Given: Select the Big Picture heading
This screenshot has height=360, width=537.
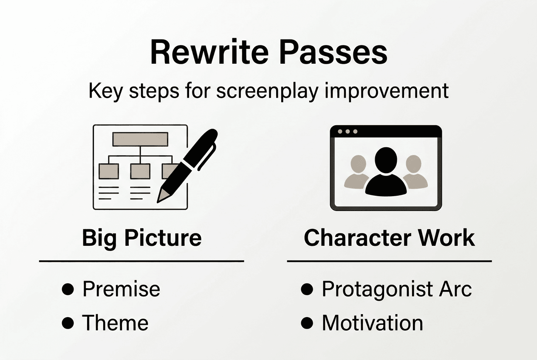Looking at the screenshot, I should coord(141,238).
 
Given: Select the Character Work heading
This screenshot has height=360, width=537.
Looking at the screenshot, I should coord(389,238).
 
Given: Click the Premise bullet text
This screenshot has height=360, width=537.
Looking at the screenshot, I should coord(121,289).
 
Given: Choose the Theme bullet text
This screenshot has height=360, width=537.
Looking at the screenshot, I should coord(115,323).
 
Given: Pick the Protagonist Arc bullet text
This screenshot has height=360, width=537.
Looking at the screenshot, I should coord(396,289).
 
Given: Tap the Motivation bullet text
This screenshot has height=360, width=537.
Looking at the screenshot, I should coord(372,323).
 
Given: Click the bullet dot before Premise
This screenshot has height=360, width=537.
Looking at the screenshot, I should coord(68,290).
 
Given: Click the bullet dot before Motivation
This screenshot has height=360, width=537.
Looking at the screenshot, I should coord(306,323).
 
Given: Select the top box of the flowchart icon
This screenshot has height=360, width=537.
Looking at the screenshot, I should coord(139,139).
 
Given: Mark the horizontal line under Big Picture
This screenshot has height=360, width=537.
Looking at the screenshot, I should coord(141,261).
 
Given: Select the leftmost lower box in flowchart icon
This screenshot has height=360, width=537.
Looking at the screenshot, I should coord(108,171).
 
